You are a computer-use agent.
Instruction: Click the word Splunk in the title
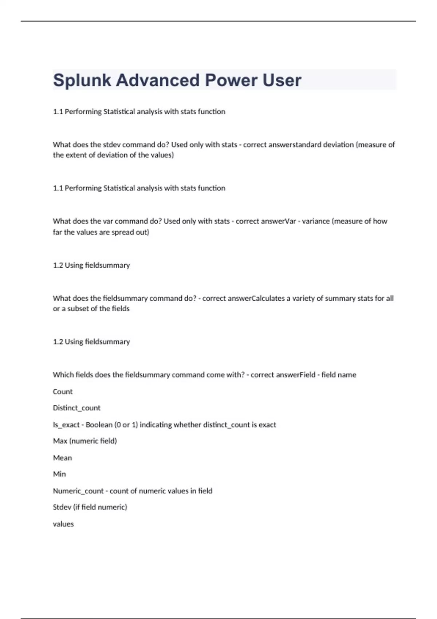pyautogui.click(x=82, y=80)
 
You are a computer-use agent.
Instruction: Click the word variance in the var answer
pyautogui.click(x=316, y=221)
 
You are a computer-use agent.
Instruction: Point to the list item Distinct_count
pyautogui.click(x=76, y=408)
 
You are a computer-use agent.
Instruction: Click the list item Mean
pyautogui.click(x=62, y=458)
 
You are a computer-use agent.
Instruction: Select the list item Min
pyautogui.click(x=59, y=474)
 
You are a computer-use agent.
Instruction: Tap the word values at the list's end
pyautogui.click(x=63, y=524)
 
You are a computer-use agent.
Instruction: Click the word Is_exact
pyautogui.click(x=66, y=425)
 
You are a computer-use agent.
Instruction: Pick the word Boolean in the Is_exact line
pyautogui.click(x=99, y=425)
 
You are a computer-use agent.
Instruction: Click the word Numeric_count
pyautogui.click(x=78, y=491)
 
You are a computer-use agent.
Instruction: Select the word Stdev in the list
pyautogui.click(x=62, y=507)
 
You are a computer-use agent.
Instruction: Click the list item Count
pyautogui.click(x=63, y=392)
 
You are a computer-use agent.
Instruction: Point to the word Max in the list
pyautogui.click(x=60, y=441)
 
